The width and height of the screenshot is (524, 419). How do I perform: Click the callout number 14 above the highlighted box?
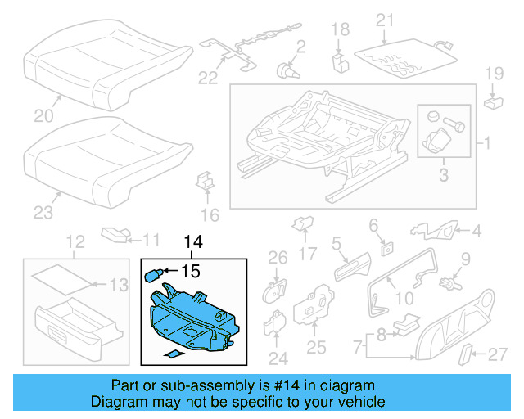[x=192, y=243]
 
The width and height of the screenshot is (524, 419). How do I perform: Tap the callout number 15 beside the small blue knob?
[x=190, y=269]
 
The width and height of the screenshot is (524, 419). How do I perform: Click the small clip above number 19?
[x=493, y=103]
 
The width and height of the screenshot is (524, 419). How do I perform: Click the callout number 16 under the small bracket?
[x=210, y=216]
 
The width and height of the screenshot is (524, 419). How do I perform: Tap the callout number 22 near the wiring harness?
[x=209, y=78]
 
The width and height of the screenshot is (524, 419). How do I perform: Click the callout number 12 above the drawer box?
[x=75, y=242]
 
